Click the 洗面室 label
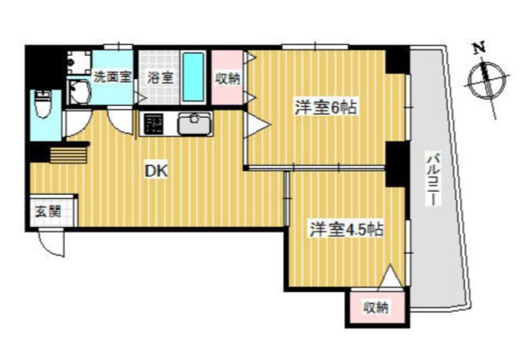click(112, 77)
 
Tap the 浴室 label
click(159, 78)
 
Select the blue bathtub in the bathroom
click(193, 76)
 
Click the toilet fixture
click(43, 104)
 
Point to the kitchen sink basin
click(195, 124)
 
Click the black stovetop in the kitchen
click(153, 123)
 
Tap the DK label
click(156, 171)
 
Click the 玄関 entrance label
click(48, 212)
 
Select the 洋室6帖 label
click(326, 108)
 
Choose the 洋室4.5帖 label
click(346, 230)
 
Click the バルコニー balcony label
click(433, 179)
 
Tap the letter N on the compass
click(479, 47)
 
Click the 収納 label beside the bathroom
click(228, 79)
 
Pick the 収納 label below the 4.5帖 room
click(376, 307)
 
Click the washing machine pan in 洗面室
click(79, 62)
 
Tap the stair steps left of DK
click(69, 155)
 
